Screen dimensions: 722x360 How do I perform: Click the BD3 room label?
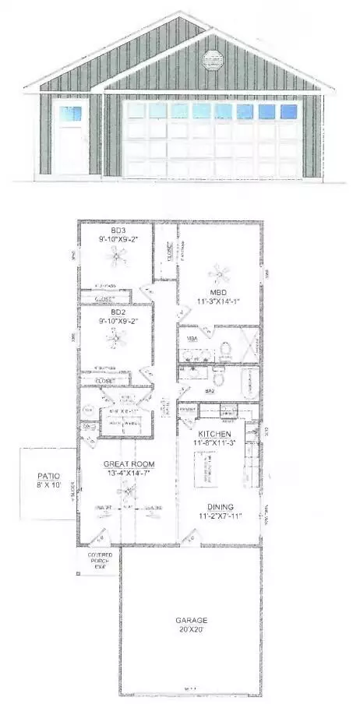[x=118, y=231]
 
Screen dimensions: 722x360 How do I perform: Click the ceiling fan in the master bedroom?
[x=221, y=273]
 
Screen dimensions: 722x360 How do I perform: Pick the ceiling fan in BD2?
[x=118, y=336]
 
